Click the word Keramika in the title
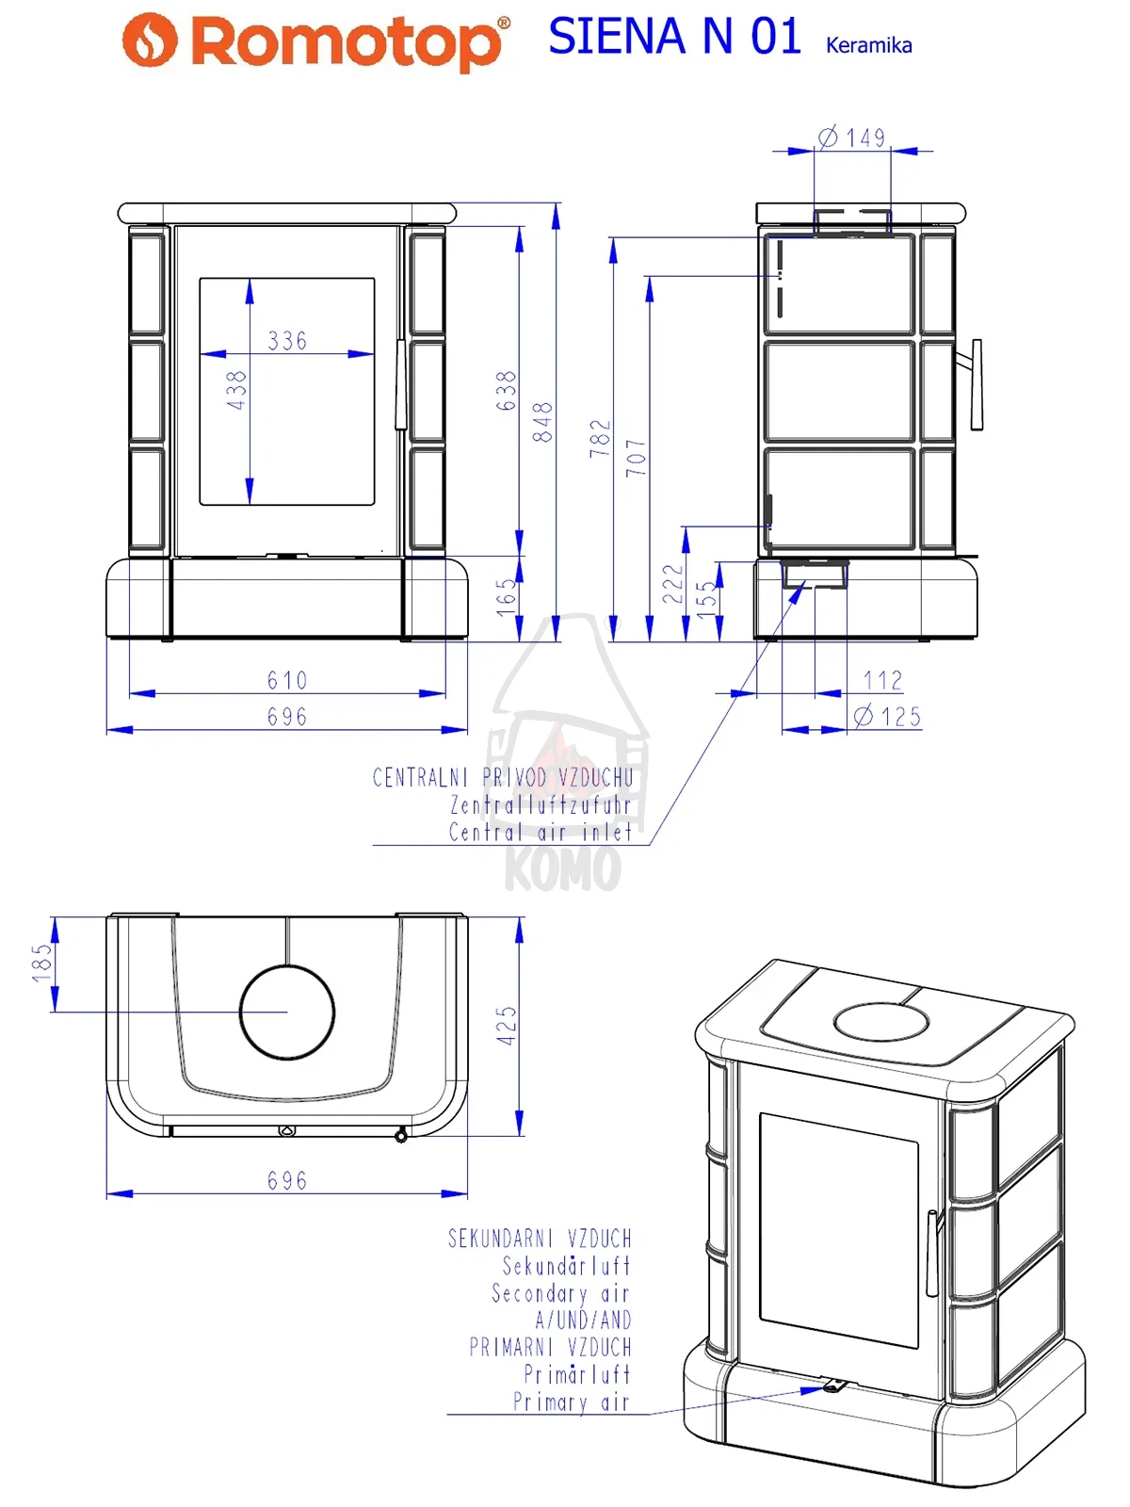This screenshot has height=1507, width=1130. [868, 45]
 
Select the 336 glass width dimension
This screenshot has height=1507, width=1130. [287, 341]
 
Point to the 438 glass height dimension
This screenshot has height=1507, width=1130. [236, 390]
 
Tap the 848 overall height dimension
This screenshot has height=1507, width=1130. [542, 422]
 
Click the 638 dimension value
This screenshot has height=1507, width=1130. [506, 391]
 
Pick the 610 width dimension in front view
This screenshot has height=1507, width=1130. [287, 680]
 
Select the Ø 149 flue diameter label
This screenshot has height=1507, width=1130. [852, 138]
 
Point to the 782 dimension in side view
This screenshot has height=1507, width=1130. [600, 438]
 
